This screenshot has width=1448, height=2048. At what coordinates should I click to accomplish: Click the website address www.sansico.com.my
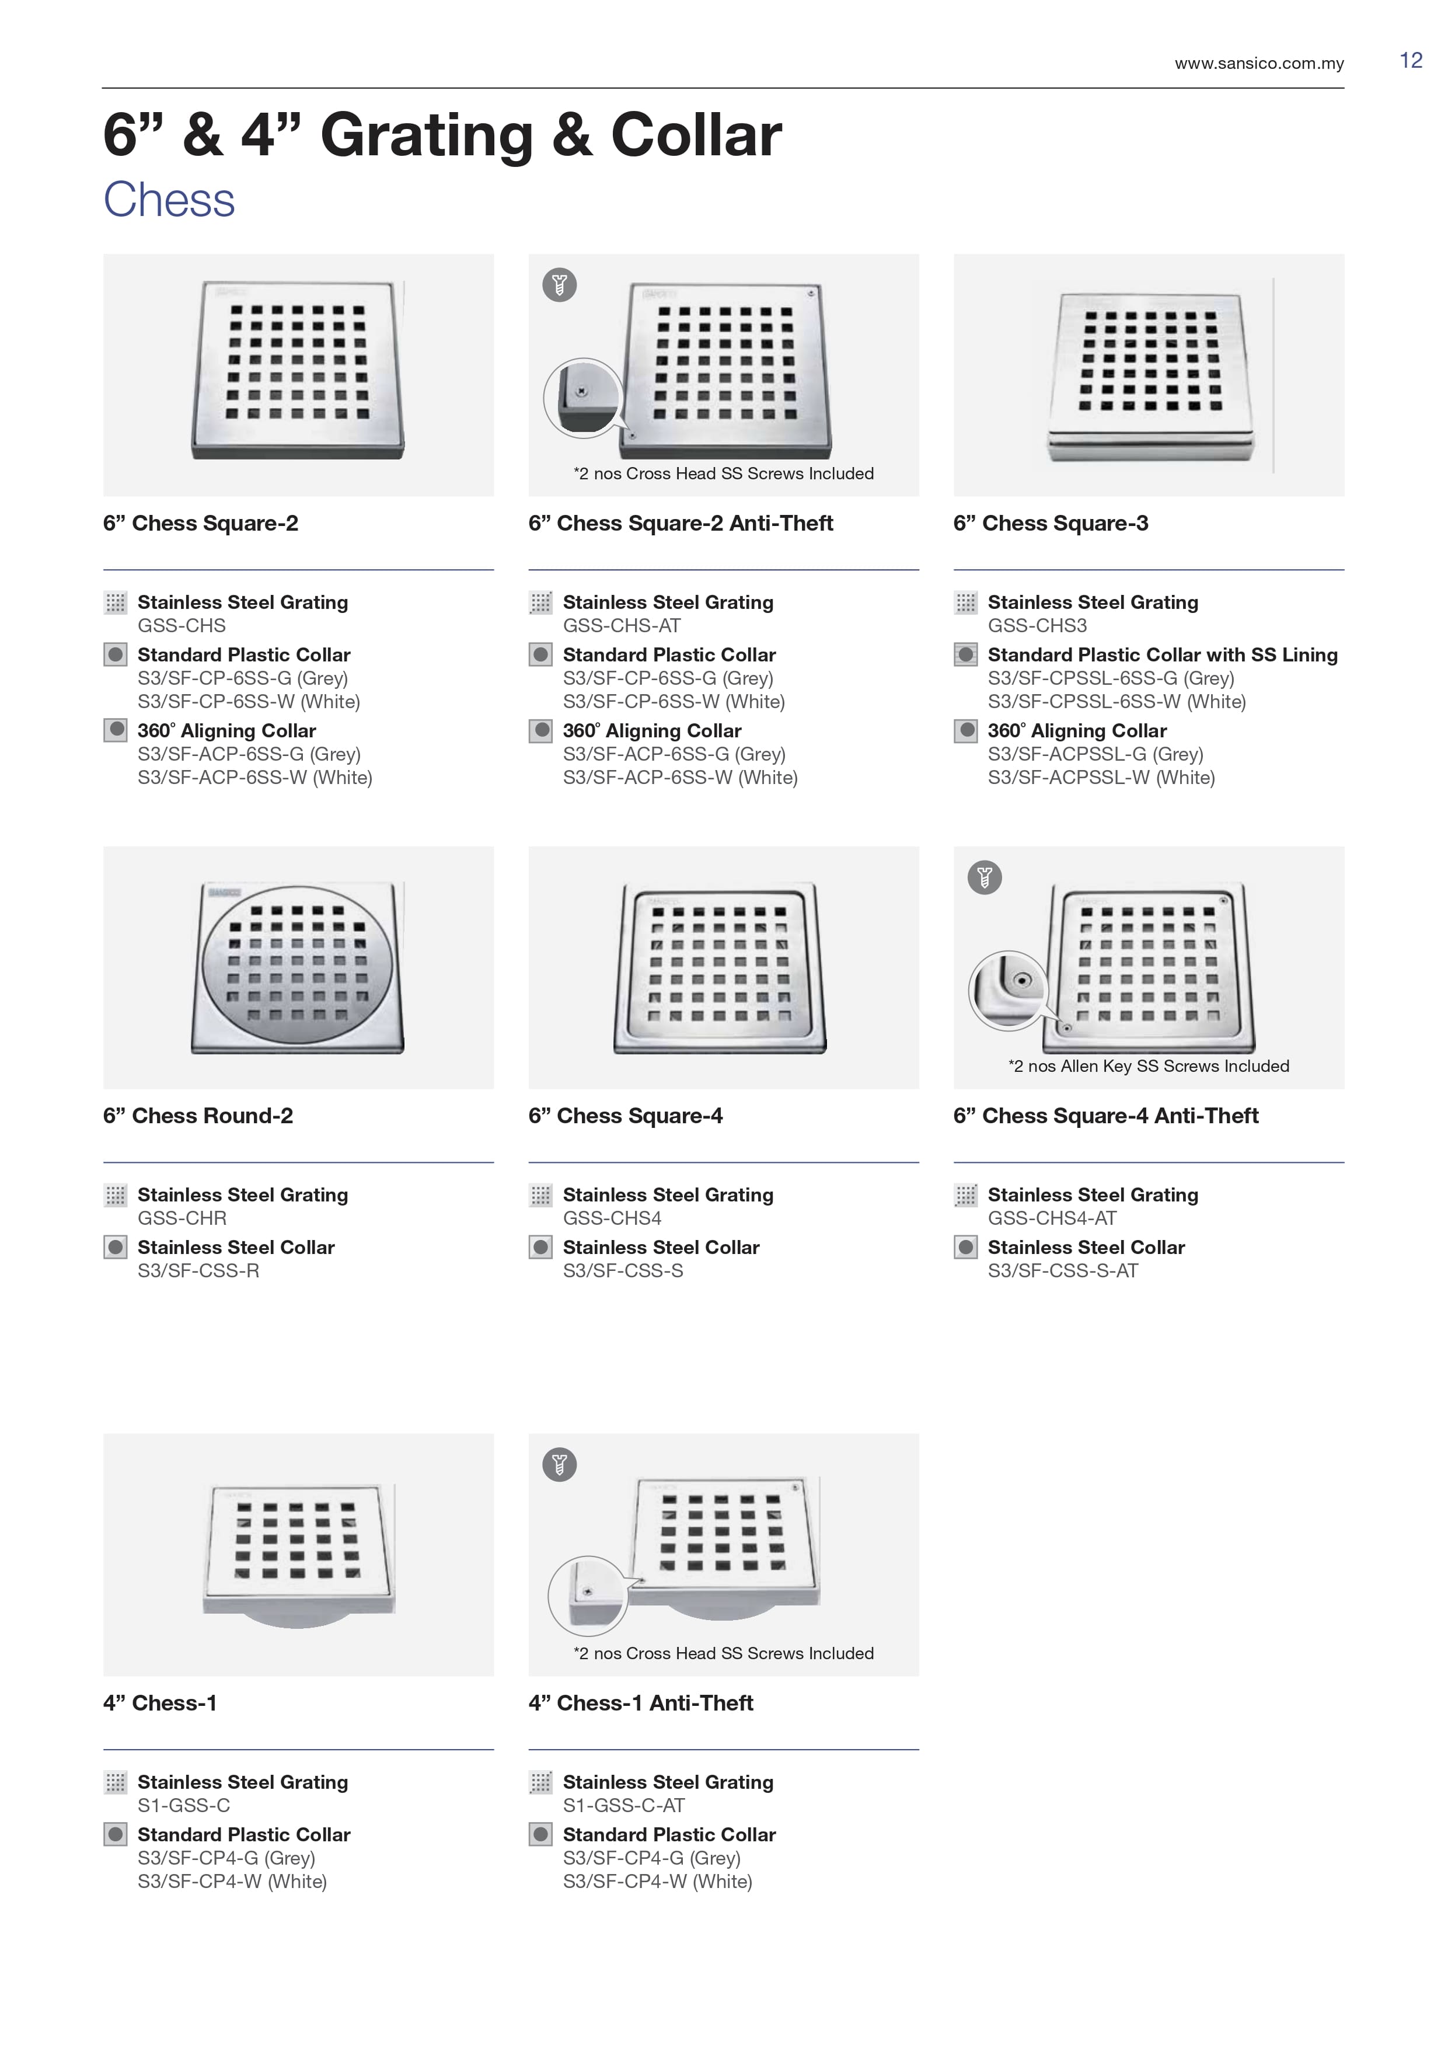click(1258, 63)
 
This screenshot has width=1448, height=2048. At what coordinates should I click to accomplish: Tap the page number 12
click(1411, 61)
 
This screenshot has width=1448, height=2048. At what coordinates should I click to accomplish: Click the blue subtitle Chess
click(169, 200)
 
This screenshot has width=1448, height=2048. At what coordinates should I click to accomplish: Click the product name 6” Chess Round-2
click(198, 1116)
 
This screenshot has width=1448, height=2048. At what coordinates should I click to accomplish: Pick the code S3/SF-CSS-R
click(198, 1271)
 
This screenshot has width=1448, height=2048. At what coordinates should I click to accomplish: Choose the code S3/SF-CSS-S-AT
click(1063, 1271)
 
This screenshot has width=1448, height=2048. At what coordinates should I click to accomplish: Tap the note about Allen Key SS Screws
click(1149, 1066)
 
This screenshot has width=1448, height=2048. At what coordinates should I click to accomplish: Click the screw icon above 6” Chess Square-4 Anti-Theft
click(985, 877)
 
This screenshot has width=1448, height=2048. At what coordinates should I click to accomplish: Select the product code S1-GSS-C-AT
click(623, 1805)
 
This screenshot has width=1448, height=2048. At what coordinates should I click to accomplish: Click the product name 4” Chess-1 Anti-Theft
click(640, 1703)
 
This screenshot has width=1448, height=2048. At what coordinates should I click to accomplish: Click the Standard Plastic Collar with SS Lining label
click(1163, 654)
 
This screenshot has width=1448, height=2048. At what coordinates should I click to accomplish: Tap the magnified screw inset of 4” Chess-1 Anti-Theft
click(587, 1596)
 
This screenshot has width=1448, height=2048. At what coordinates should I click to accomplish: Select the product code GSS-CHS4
click(612, 1218)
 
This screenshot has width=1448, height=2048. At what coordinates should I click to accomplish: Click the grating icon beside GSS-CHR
click(115, 1195)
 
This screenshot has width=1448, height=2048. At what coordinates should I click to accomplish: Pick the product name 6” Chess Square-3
click(1051, 524)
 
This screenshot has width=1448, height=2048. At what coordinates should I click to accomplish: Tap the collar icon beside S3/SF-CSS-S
click(540, 1247)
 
